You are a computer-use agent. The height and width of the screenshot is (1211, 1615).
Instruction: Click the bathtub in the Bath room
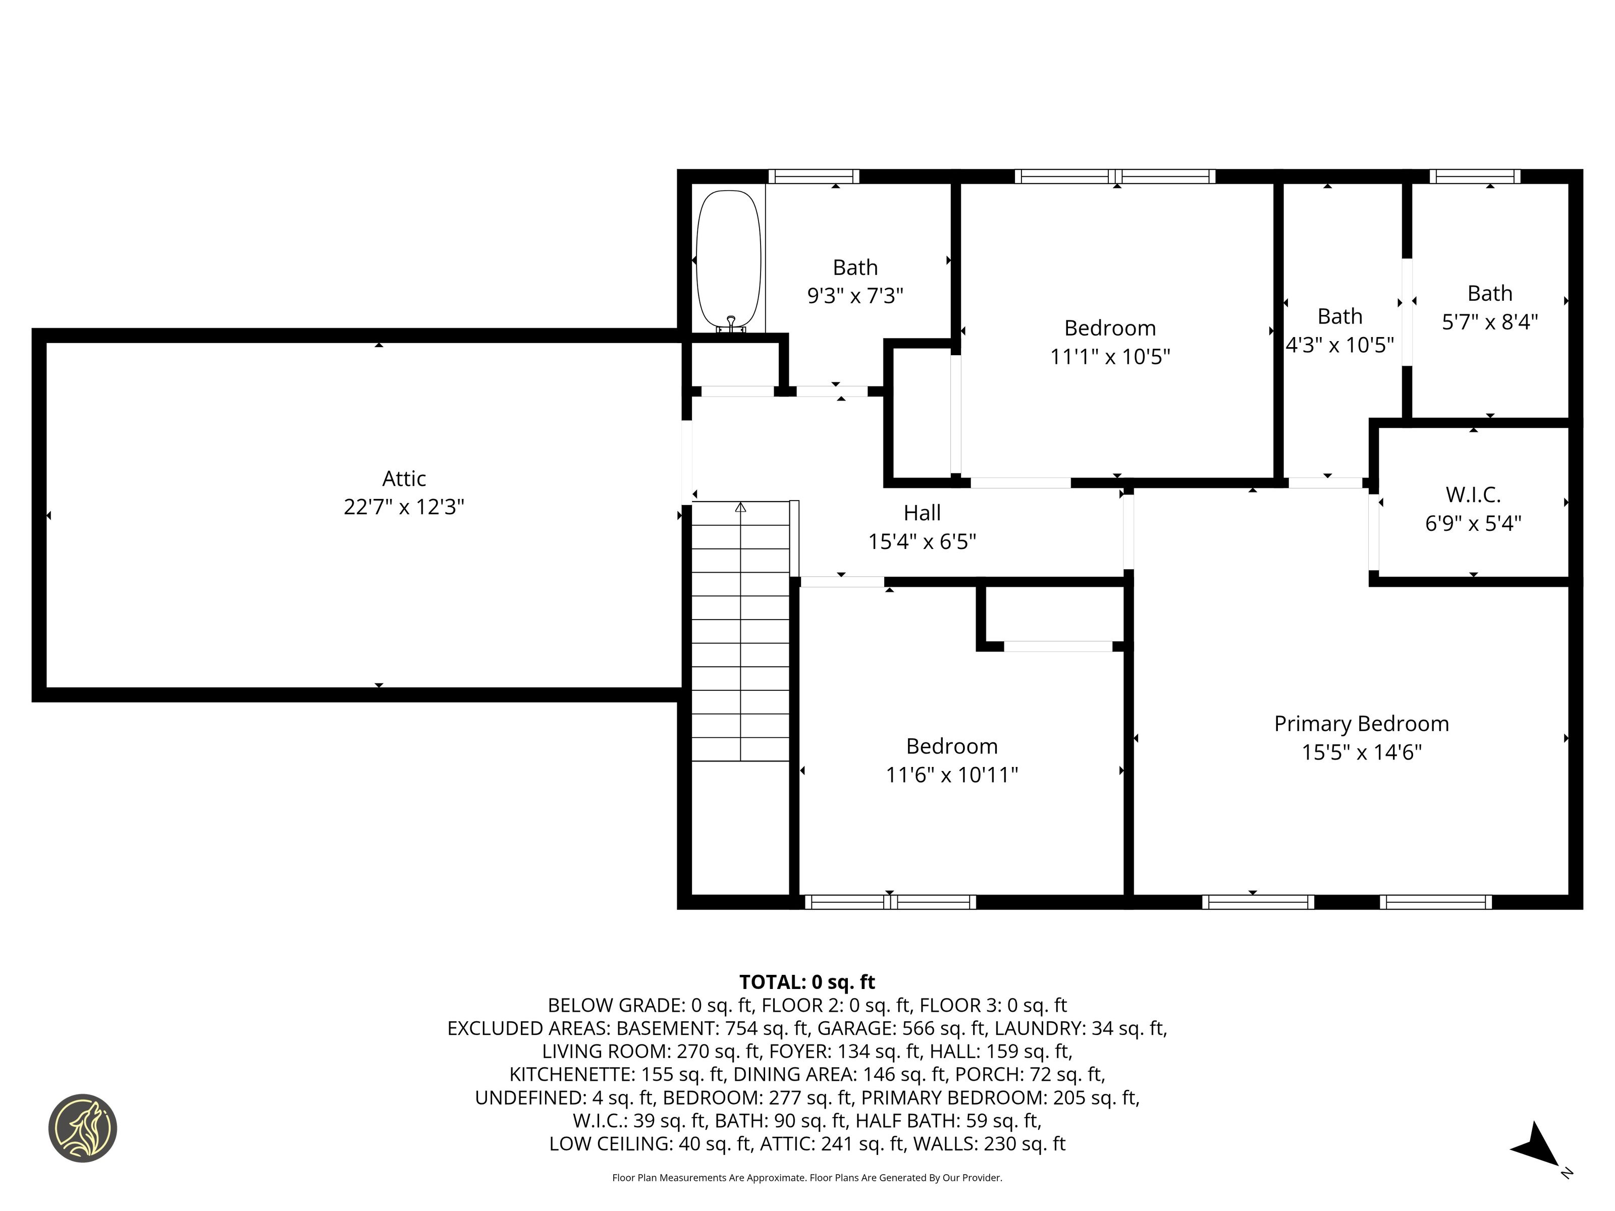[x=729, y=260]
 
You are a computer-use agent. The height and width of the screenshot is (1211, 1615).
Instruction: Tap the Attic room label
[x=404, y=479]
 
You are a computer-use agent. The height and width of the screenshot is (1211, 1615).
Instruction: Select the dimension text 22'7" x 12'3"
[x=404, y=507]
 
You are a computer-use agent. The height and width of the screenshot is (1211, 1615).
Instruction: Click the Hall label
[x=922, y=513]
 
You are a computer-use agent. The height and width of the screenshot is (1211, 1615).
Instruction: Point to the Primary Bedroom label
[x=1362, y=724]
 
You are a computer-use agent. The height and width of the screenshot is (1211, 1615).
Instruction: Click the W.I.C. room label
[x=1473, y=495]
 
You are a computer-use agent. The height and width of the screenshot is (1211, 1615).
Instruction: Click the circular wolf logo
[x=82, y=1128]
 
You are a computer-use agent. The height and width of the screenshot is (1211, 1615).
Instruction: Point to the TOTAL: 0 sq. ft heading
[x=807, y=982]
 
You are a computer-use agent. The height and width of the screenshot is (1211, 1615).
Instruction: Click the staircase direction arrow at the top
[x=740, y=507]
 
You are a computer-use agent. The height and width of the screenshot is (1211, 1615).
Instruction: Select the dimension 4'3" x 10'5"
[x=1340, y=345]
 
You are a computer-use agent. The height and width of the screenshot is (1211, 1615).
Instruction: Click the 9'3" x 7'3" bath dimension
[x=855, y=296]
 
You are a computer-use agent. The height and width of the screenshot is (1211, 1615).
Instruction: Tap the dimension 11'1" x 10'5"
[x=1110, y=356]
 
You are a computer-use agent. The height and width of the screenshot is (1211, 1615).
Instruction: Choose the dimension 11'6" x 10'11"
[x=952, y=775]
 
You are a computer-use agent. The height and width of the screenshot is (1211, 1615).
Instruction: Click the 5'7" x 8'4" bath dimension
[x=1489, y=321]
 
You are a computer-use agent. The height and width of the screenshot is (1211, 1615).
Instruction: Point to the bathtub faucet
[x=731, y=324]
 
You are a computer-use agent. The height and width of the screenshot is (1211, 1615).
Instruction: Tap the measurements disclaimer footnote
[x=807, y=1177]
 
